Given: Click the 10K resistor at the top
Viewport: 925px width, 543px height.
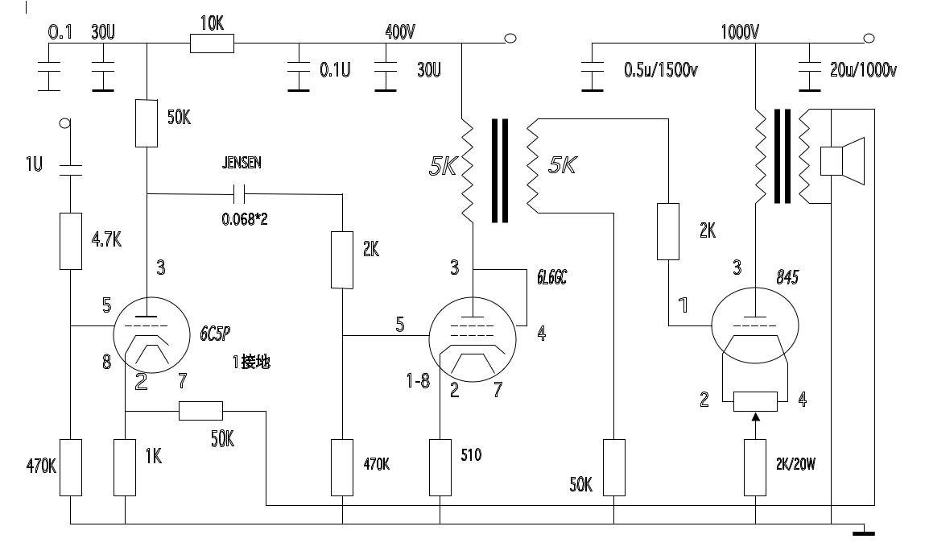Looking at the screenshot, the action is click(x=212, y=43).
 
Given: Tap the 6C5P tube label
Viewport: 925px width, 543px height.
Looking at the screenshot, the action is click(x=215, y=334).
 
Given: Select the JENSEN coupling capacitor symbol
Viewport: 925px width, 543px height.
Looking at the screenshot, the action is click(x=239, y=193).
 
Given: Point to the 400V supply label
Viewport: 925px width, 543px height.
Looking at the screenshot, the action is click(x=401, y=31).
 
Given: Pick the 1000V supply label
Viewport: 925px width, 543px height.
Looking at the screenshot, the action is click(x=740, y=32).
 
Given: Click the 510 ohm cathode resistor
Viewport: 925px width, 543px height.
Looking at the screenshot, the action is click(x=440, y=467).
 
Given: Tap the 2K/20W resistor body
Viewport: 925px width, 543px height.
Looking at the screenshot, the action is click(x=755, y=467).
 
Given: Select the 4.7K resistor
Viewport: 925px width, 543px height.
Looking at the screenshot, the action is click(x=71, y=242).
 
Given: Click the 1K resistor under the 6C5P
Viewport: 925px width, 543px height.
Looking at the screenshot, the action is click(x=125, y=467).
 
